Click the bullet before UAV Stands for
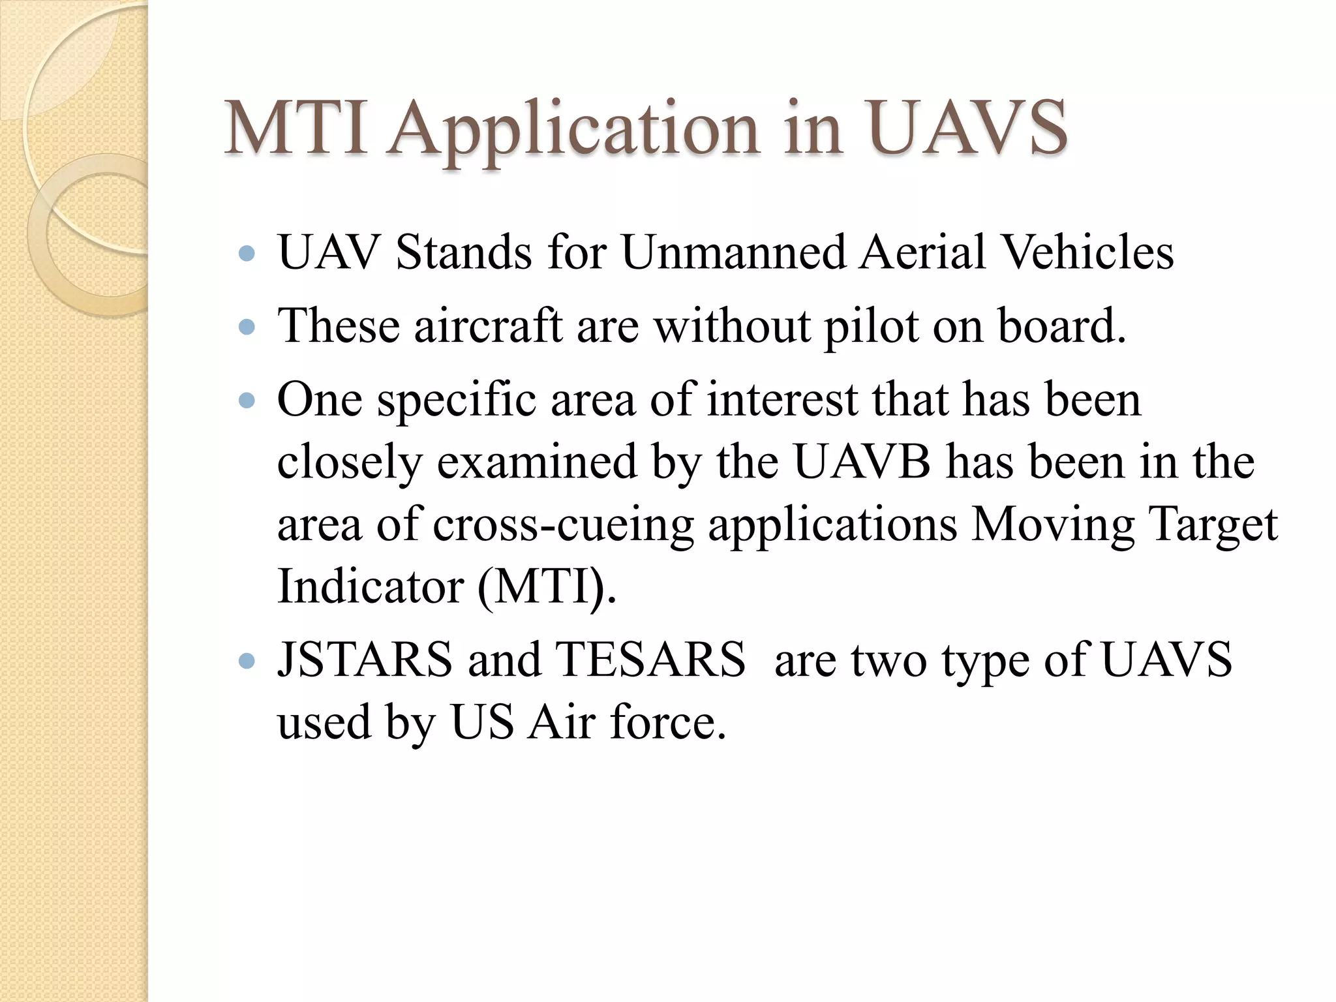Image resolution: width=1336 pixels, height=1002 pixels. tap(247, 254)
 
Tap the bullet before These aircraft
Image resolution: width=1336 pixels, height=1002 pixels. tap(247, 326)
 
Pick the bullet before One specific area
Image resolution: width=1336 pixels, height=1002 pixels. tap(247, 400)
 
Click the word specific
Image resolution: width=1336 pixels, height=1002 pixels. tap(457, 401)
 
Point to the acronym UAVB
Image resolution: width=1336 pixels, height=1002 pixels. tap(862, 462)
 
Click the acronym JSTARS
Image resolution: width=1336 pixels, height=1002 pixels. tap(365, 660)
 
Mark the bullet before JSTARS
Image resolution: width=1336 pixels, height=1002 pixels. tap(247, 661)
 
